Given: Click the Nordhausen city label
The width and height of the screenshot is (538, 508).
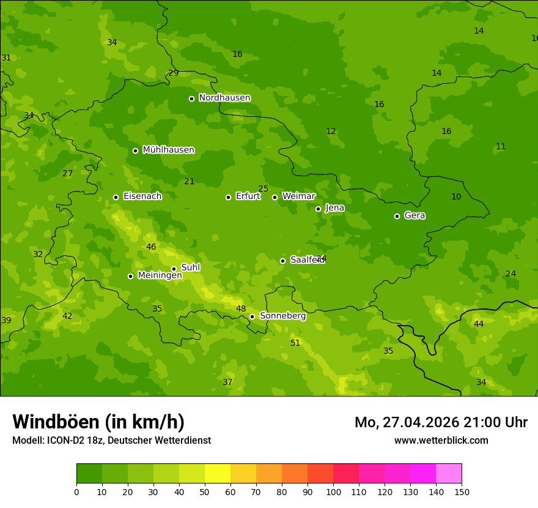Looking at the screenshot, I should tap(224, 98).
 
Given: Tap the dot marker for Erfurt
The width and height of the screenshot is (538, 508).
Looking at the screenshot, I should tap(228, 197).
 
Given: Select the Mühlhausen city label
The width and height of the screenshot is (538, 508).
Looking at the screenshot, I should tap(168, 150).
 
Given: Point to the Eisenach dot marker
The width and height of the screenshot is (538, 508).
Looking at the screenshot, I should tap(116, 197).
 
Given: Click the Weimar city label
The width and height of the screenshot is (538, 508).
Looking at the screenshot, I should tap(298, 196).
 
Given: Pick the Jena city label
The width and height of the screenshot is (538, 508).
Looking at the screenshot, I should tap(334, 208).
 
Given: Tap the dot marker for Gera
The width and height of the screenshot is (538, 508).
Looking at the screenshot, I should tap(397, 216).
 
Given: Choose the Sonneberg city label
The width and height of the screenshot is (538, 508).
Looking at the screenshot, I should tap(282, 316).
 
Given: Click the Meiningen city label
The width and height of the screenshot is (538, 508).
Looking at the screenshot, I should tap(160, 275).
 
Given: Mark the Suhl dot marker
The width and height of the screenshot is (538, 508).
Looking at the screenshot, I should tap(174, 269).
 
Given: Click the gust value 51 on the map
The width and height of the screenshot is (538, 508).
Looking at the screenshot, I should tap(295, 343).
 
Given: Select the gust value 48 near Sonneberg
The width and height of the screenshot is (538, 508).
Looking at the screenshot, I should tap(241, 309).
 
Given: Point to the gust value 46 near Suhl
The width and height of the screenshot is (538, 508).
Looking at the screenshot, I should tap(151, 247).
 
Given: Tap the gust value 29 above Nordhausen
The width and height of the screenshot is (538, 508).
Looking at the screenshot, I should tap(174, 73).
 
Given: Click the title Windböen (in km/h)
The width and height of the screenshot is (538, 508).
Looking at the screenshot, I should tap(98, 422).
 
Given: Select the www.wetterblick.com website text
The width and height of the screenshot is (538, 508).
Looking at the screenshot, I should tap(441, 441).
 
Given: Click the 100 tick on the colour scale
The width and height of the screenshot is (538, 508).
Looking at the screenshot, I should tap(333, 491).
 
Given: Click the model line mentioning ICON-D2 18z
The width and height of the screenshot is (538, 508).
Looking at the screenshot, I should tap(111, 441).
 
